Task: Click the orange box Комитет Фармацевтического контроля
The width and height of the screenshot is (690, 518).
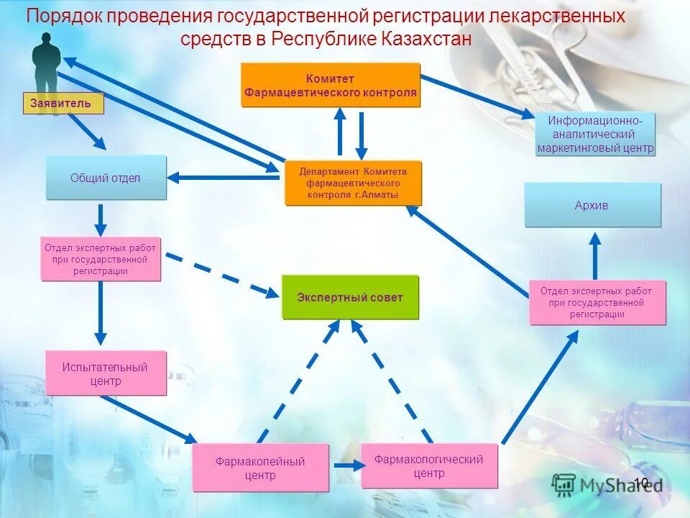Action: [331, 85]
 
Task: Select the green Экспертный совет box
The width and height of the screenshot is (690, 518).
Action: [350, 297]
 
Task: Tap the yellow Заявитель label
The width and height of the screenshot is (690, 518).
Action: [63, 104]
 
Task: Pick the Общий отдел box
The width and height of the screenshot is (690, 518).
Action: [106, 178]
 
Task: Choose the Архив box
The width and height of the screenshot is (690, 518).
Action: [592, 205]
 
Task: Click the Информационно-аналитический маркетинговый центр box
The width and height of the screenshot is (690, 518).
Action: [595, 134]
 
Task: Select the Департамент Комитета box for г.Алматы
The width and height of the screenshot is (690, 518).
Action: [353, 183]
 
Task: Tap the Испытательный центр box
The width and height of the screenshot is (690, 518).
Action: [106, 373]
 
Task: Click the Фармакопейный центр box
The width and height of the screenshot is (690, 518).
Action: [260, 468]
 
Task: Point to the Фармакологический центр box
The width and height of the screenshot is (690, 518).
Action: [429, 465]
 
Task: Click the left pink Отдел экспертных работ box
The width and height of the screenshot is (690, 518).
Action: [101, 260]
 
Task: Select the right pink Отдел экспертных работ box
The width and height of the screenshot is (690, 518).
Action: [597, 302]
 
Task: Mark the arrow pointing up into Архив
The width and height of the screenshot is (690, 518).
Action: [595, 255]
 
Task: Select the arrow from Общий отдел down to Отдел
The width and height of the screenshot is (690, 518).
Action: [101, 219]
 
